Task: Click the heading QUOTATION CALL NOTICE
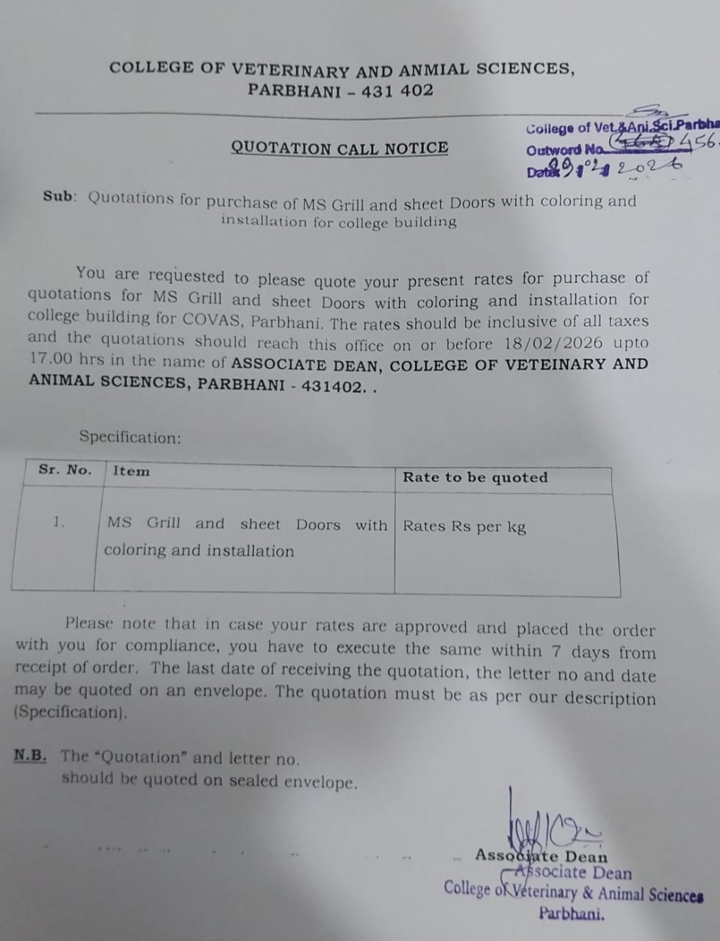click(x=339, y=148)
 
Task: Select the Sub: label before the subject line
click(x=60, y=196)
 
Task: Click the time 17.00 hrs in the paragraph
click(x=60, y=359)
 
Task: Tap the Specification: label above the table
click(x=130, y=437)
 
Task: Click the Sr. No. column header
click(x=65, y=470)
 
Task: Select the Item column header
click(x=131, y=471)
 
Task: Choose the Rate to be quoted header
click(x=475, y=477)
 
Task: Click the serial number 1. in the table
click(x=59, y=522)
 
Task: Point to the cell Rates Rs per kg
click(x=464, y=526)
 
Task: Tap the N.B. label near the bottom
click(x=30, y=755)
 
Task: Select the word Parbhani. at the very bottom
click(x=572, y=914)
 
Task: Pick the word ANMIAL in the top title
click(x=433, y=70)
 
